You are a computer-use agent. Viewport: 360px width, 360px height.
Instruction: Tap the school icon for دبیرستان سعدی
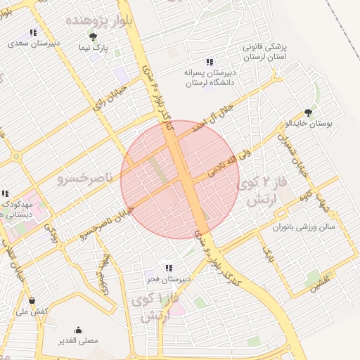pos(32,32)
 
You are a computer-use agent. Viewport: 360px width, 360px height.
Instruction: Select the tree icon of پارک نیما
pos(93,36)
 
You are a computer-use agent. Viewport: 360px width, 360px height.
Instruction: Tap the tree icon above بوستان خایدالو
pos(308,112)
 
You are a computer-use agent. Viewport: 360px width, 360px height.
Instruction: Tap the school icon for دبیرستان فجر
pos(167,268)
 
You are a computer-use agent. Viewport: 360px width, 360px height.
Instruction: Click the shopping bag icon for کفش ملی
pos(32,300)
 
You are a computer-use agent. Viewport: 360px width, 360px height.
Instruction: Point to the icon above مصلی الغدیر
pos(78,329)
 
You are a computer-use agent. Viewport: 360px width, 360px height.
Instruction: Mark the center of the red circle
pos(180,180)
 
